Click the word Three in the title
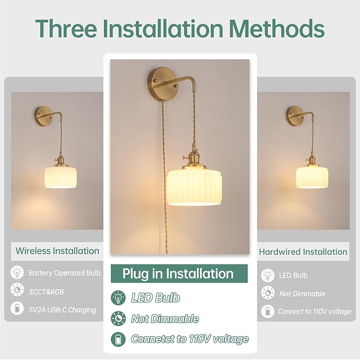tap(66, 28)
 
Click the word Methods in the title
tap(277, 28)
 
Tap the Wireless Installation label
tap(57, 251)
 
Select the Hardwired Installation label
tap(303, 252)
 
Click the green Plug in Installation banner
tap(179, 274)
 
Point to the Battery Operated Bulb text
tap(65, 273)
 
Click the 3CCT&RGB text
tap(46, 292)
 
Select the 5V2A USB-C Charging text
tap(63, 310)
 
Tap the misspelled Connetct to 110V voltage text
tap(190, 339)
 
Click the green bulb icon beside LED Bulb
tap(118, 297)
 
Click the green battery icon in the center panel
tap(118, 339)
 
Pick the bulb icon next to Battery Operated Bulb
tap(17, 273)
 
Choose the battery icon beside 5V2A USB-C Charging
tap(17, 308)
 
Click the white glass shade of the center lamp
tap(194, 188)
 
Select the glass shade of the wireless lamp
tap(60, 178)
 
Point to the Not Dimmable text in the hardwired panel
tap(302, 294)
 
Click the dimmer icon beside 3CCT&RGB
tap(17, 289)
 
